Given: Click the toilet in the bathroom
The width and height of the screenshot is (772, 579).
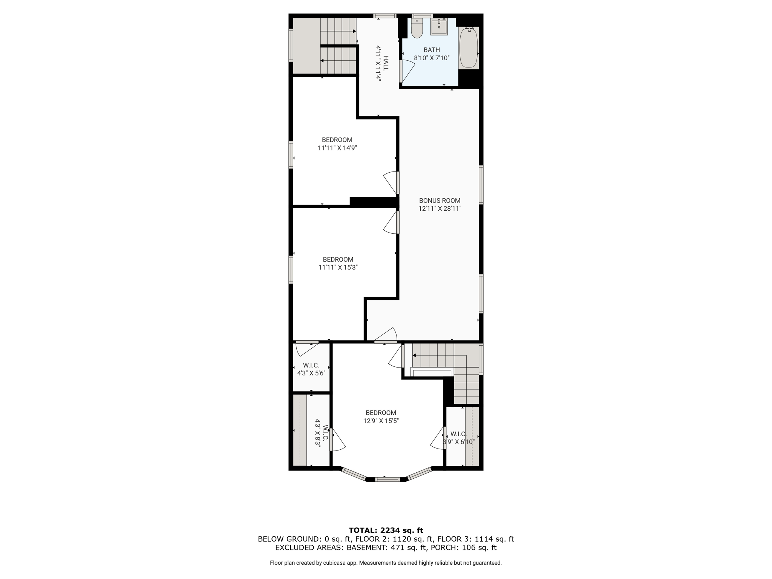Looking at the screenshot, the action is [x=417, y=28].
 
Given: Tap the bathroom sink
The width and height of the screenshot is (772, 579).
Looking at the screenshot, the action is [x=439, y=27].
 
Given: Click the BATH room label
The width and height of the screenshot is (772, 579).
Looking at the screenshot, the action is [x=432, y=50].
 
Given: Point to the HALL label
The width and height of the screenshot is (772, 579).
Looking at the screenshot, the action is [x=386, y=63].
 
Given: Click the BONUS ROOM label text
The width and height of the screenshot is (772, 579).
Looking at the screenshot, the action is [x=440, y=201].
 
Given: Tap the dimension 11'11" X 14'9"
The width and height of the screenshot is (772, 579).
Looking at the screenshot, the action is [x=337, y=148].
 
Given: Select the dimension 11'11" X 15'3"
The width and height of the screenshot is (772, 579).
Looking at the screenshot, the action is [x=338, y=268].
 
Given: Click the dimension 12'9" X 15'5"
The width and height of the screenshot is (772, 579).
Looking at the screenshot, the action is [x=381, y=421].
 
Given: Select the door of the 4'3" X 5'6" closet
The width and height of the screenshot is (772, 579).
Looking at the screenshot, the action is [x=307, y=348].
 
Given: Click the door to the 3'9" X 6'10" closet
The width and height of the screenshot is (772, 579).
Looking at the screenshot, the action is [x=438, y=438].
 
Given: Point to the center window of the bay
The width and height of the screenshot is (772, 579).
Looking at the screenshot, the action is [x=387, y=479].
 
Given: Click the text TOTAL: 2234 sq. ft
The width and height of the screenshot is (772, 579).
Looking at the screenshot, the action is [x=386, y=530].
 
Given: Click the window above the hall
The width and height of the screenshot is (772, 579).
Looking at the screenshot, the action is [x=385, y=16].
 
